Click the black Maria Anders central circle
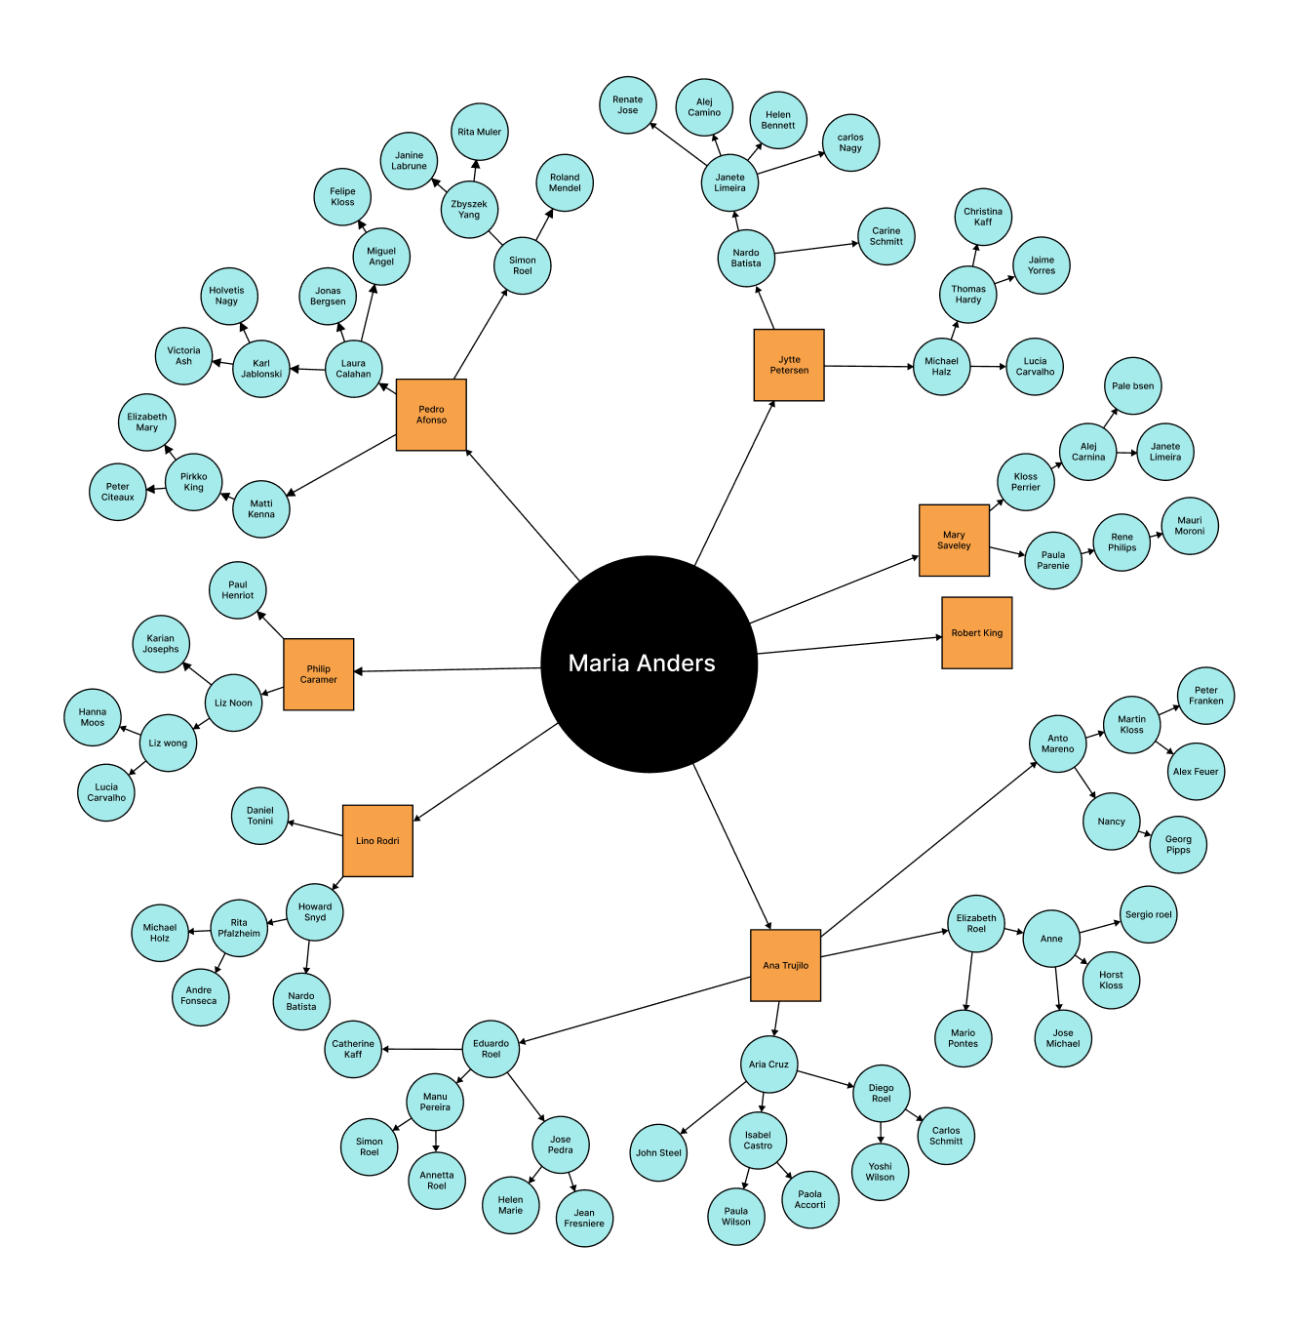coord(649,664)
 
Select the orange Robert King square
coord(976,633)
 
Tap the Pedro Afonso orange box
coord(431,415)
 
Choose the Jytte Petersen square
coord(789,365)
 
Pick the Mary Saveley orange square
coord(954,541)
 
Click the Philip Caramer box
coord(318,674)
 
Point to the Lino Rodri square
coord(377,841)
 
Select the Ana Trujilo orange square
coord(785,965)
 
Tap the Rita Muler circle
coord(480,132)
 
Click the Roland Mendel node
coord(565,183)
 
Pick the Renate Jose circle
coord(628,105)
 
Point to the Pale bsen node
coord(1132,385)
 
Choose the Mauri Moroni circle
coord(1190,526)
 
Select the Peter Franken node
coord(1205,696)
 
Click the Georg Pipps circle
coord(1178,844)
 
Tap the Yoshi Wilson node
coord(880,1172)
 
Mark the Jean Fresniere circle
coord(584,1218)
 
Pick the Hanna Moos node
coord(93,717)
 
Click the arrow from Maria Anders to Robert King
coord(848,646)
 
